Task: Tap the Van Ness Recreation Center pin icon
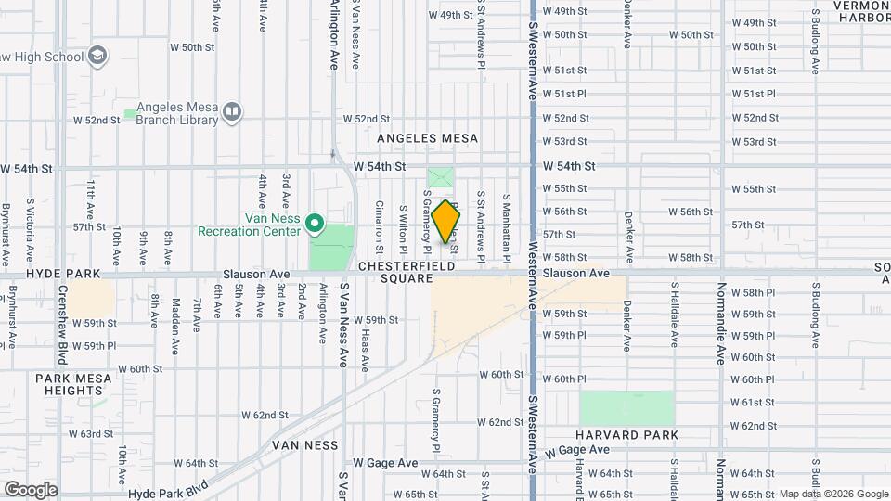point(315,223)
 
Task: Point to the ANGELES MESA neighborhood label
point(428,139)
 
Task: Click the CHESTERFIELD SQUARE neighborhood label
point(407,272)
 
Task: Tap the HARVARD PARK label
point(626,435)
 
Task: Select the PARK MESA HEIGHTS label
point(73,385)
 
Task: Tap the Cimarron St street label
point(379,227)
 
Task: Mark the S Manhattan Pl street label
point(507,227)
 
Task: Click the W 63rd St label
point(97,434)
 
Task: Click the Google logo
point(31,490)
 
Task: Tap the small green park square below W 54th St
point(442,177)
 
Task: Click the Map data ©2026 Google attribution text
point(833,494)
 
